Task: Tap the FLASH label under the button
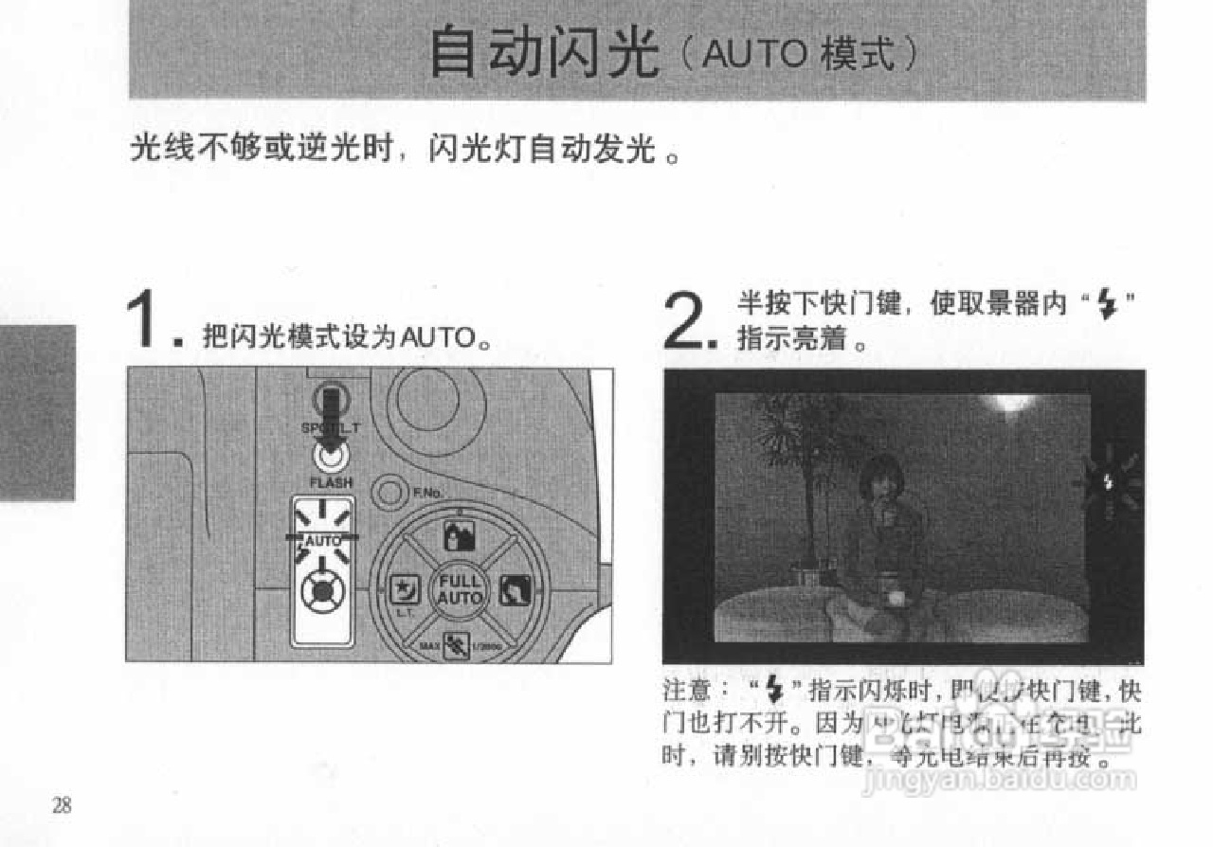click(x=330, y=483)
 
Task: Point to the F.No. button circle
click(x=388, y=493)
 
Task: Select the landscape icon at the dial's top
click(x=458, y=536)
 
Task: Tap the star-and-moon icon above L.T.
click(x=403, y=590)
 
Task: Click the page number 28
click(x=62, y=806)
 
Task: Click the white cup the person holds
click(x=892, y=594)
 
